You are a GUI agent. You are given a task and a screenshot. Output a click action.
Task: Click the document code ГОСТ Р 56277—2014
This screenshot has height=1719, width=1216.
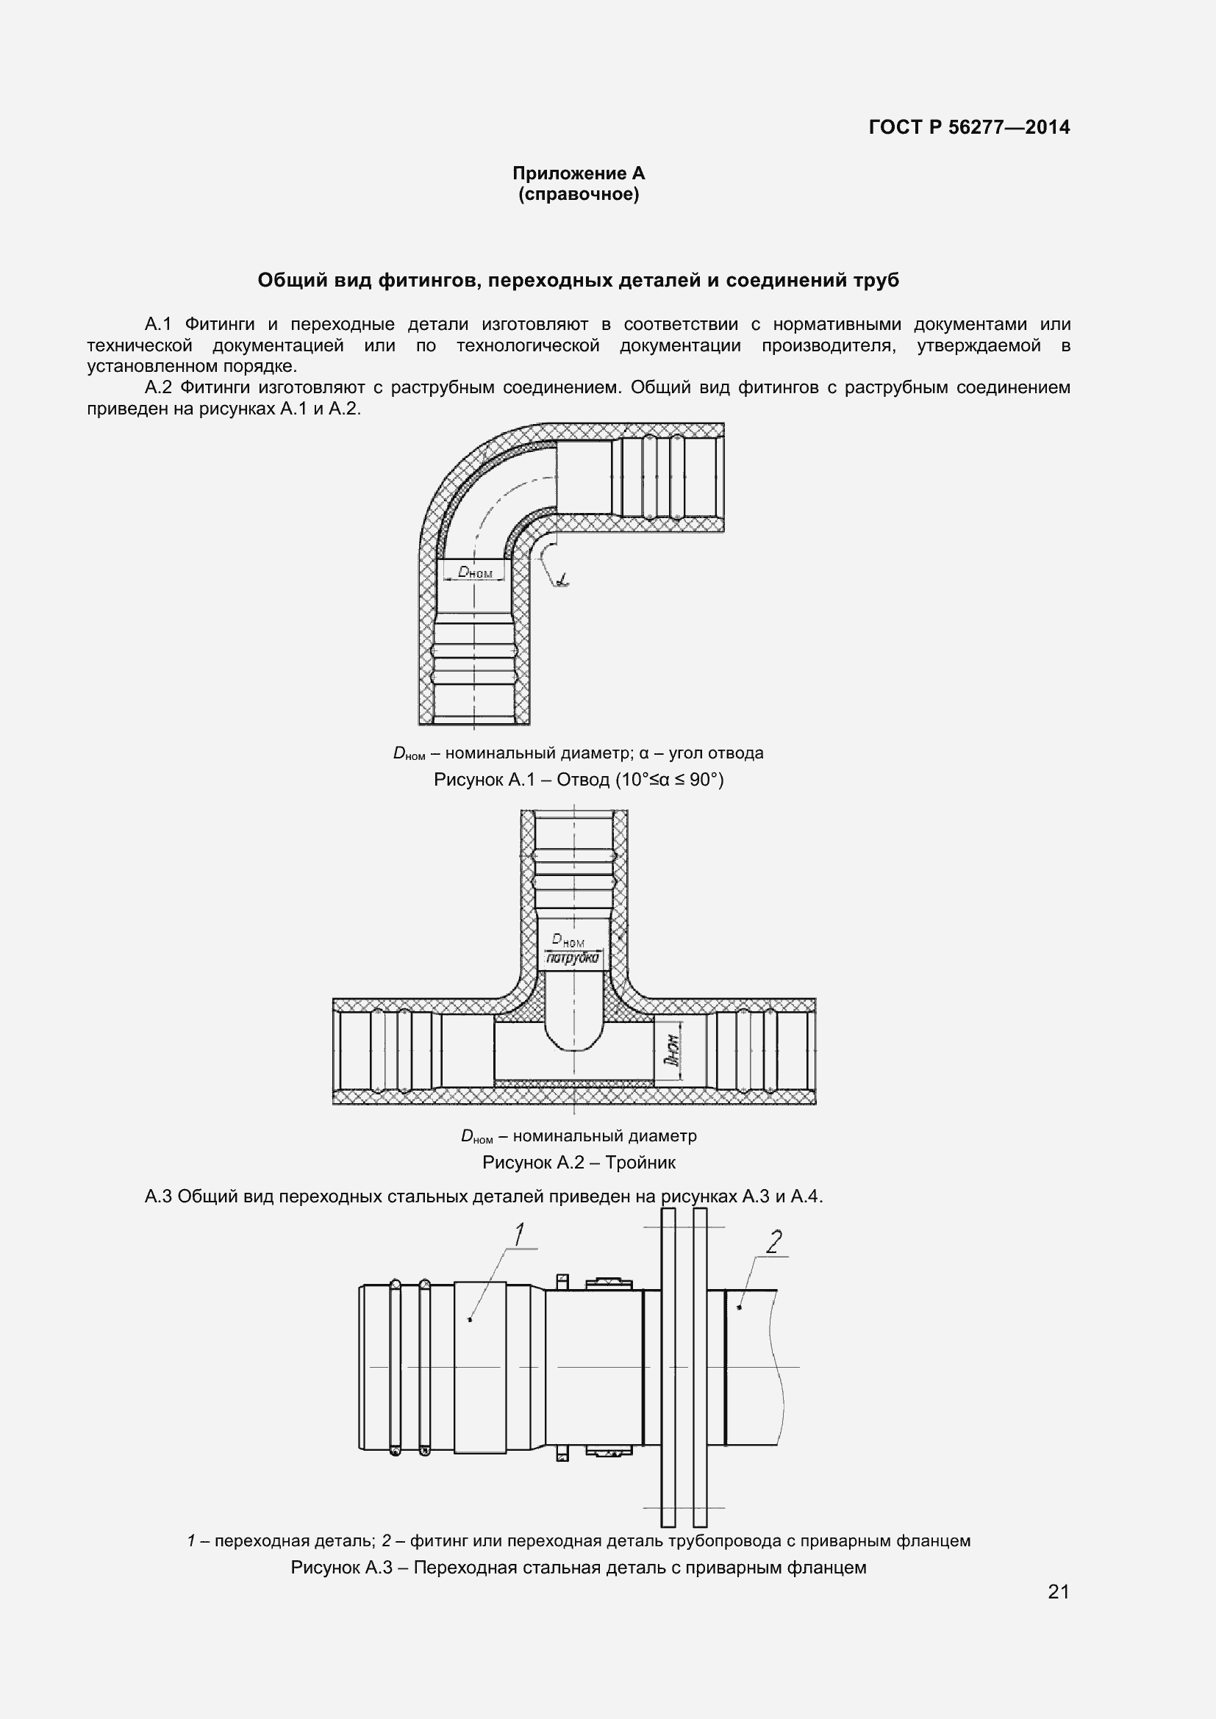(x=969, y=127)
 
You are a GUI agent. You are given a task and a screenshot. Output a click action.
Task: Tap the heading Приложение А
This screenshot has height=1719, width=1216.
(x=578, y=173)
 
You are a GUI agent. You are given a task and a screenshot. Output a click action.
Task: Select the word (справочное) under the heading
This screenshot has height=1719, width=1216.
(x=579, y=195)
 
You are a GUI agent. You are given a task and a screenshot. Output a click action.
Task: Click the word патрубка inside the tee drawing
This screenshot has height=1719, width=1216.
(x=573, y=958)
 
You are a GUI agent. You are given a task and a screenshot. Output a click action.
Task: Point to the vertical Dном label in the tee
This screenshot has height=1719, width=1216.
(x=672, y=1049)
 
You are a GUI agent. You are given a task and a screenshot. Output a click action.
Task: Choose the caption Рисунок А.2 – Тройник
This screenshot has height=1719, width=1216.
(x=578, y=1162)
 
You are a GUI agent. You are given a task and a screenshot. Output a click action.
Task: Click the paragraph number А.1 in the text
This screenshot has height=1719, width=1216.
(x=158, y=324)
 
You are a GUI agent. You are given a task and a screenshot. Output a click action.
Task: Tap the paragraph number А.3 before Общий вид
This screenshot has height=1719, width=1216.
(x=158, y=1196)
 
